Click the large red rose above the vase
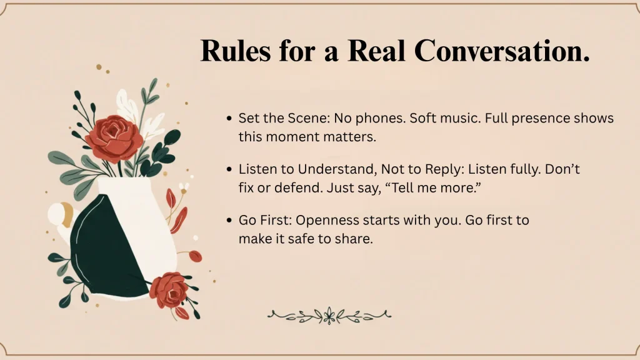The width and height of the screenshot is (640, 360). click(114, 139)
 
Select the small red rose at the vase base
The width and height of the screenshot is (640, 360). click(169, 290)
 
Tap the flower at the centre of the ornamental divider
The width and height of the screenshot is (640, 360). click(329, 316)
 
